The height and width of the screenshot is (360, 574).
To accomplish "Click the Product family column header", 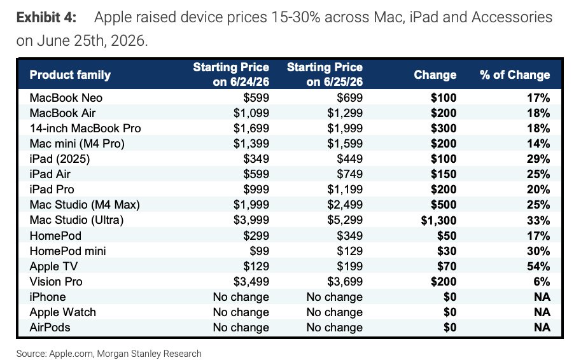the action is pos(70,74).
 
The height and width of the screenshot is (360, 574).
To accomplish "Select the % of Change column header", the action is pos(515,74).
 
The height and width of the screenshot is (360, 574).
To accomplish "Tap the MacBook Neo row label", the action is pos(66,98).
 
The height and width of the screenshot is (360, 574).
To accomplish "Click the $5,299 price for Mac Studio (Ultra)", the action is pos(345,220).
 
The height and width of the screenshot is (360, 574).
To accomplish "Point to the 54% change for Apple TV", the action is pos(538,266).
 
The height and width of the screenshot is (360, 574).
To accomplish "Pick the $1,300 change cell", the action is pos(438,220).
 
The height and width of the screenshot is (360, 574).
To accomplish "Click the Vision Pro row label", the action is pos(56,281).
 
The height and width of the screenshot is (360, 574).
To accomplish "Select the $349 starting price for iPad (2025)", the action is pos(256,159).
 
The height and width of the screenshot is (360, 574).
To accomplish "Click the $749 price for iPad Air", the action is pos(350,174).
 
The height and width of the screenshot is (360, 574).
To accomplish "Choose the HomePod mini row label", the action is pos(67,251).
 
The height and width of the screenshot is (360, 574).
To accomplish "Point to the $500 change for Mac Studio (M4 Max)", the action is pos(444,205).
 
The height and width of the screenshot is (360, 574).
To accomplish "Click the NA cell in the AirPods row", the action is pos(542,327).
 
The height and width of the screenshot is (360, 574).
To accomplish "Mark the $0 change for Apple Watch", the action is pos(450,312).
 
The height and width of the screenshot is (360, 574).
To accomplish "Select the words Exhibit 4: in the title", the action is pos(46,17).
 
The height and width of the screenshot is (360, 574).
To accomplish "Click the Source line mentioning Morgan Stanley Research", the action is pos(109,354).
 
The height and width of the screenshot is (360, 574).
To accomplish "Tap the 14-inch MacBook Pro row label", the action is pos(85,128).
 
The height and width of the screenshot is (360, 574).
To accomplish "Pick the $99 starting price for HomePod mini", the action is pos(259,251).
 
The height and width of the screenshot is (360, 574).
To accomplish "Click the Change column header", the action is pos(435,74).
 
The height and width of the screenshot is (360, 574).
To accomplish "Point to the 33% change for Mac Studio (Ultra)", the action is pos(538,220).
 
